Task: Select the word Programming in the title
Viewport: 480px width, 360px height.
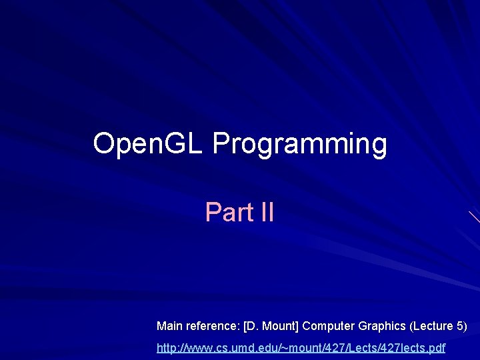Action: pos(299,144)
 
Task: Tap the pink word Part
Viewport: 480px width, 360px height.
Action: pos(226,212)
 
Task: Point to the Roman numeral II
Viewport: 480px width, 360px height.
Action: pos(263,212)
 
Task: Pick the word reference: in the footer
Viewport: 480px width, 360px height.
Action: pos(213,326)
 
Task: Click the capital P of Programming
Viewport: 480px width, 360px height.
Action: pos(221,143)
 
